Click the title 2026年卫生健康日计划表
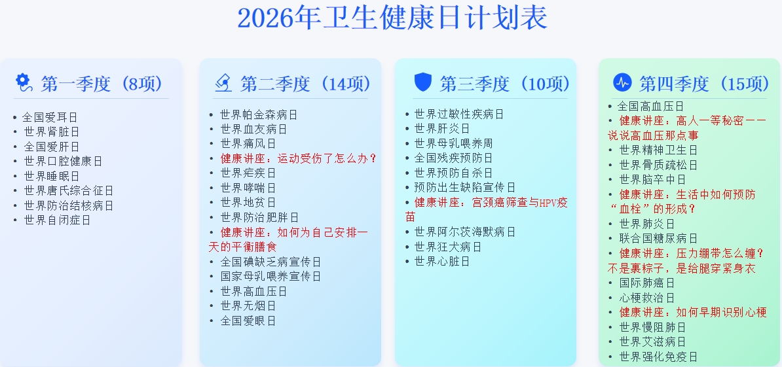click(392, 18)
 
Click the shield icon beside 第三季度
click(423, 82)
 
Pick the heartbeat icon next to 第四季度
click(622, 82)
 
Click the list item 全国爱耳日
click(50, 118)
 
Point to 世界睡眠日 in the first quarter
click(52, 176)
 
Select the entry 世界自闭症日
click(57, 220)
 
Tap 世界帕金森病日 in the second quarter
click(259, 114)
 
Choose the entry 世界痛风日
click(248, 144)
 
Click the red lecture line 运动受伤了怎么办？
click(299, 158)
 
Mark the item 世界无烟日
click(248, 306)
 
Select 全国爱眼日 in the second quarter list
click(248, 321)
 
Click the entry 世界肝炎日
click(441, 129)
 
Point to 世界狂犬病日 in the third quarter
click(447, 247)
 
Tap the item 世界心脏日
click(441, 261)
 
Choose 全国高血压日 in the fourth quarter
click(650, 106)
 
